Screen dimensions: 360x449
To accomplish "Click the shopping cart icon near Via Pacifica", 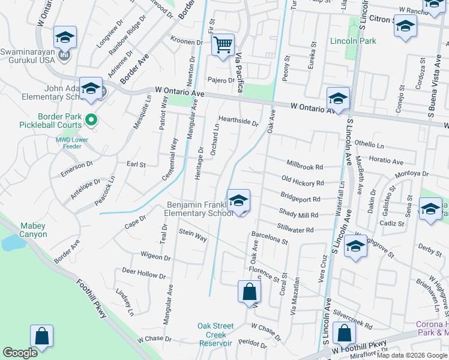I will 223,44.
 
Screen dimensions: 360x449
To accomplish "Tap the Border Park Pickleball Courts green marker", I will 91,120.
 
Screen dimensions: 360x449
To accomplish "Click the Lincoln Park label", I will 352,41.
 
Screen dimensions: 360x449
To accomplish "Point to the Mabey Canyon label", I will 34,230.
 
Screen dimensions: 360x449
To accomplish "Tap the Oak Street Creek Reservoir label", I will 215,335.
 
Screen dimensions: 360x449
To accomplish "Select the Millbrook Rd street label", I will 305,166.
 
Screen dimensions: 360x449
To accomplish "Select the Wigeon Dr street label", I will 155,257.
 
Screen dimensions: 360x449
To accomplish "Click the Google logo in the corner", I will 20,352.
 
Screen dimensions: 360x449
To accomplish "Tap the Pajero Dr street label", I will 222,80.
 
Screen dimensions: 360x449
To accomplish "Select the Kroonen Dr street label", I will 187,42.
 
